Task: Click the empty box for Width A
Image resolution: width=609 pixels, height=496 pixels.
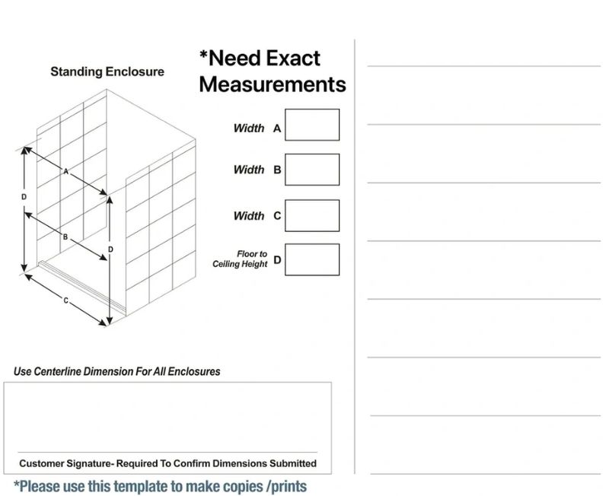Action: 312,125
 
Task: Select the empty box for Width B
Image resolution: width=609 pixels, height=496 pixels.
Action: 312,170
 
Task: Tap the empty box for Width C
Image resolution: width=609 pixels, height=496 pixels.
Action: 312,216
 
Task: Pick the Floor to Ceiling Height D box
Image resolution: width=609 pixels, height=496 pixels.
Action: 312,259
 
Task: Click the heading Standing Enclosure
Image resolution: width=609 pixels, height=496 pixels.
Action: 107,72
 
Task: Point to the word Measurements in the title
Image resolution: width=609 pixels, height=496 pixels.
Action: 273,84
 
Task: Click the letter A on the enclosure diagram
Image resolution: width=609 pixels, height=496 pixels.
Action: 66,171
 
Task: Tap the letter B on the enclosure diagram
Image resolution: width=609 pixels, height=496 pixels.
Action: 65,237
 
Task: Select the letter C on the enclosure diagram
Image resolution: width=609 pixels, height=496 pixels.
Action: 66,300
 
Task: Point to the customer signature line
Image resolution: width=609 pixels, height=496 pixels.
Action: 167,452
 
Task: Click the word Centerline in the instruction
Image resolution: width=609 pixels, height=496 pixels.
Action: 58,371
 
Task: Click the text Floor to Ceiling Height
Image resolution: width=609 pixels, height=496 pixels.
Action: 240,259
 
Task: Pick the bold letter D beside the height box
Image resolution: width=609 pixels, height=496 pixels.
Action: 277,259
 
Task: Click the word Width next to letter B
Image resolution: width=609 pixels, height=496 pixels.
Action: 249,170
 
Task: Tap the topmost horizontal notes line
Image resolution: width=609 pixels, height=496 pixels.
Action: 484,66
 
